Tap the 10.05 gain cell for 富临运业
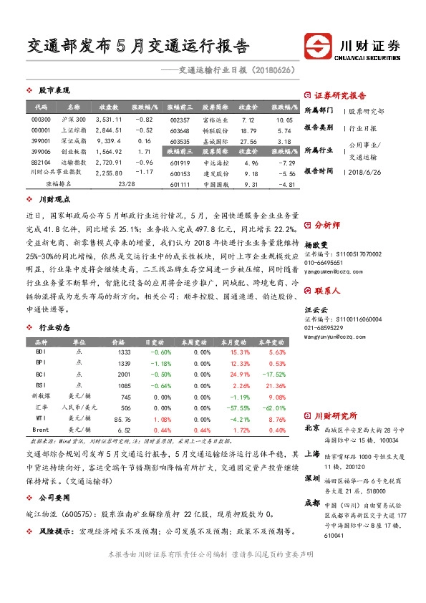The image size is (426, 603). point(284,119)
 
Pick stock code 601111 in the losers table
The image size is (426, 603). point(180,184)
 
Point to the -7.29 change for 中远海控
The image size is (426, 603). point(286,163)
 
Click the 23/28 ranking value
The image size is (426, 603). point(125,184)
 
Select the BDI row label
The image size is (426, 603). point(42,352)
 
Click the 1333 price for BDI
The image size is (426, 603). point(123,352)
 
